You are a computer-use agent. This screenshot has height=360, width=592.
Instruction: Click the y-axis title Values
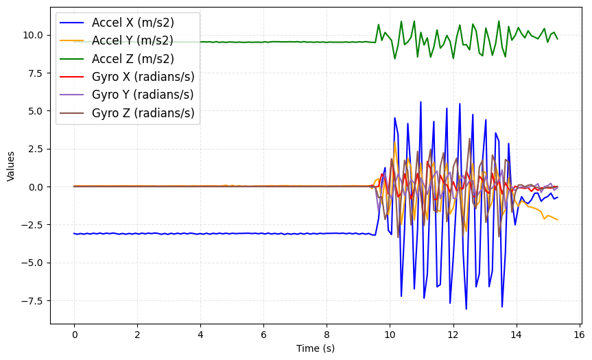pyautogui.click(x=10, y=166)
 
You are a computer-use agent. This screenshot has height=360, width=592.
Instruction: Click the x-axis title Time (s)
pyautogui.click(x=316, y=348)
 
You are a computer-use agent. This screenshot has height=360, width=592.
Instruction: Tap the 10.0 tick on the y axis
pyautogui.click(x=34, y=35)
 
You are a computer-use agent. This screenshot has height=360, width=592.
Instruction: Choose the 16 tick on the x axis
pyautogui.click(x=578, y=335)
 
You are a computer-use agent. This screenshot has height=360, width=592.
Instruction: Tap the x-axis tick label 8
pyautogui.click(x=327, y=335)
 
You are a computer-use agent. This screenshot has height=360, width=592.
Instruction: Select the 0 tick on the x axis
pyautogui.click(x=74, y=335)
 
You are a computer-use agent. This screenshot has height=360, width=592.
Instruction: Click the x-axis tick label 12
pyautogui.click(x=452, y=335)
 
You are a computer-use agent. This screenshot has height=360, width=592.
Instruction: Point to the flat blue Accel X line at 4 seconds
pyautogui.click(x=200, y=234)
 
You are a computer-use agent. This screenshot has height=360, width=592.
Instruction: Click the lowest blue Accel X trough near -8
pyautogui.click(x=466, y=309)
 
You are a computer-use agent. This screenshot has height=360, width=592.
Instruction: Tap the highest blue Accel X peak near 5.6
pyautogui.click(x=421, y=102)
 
